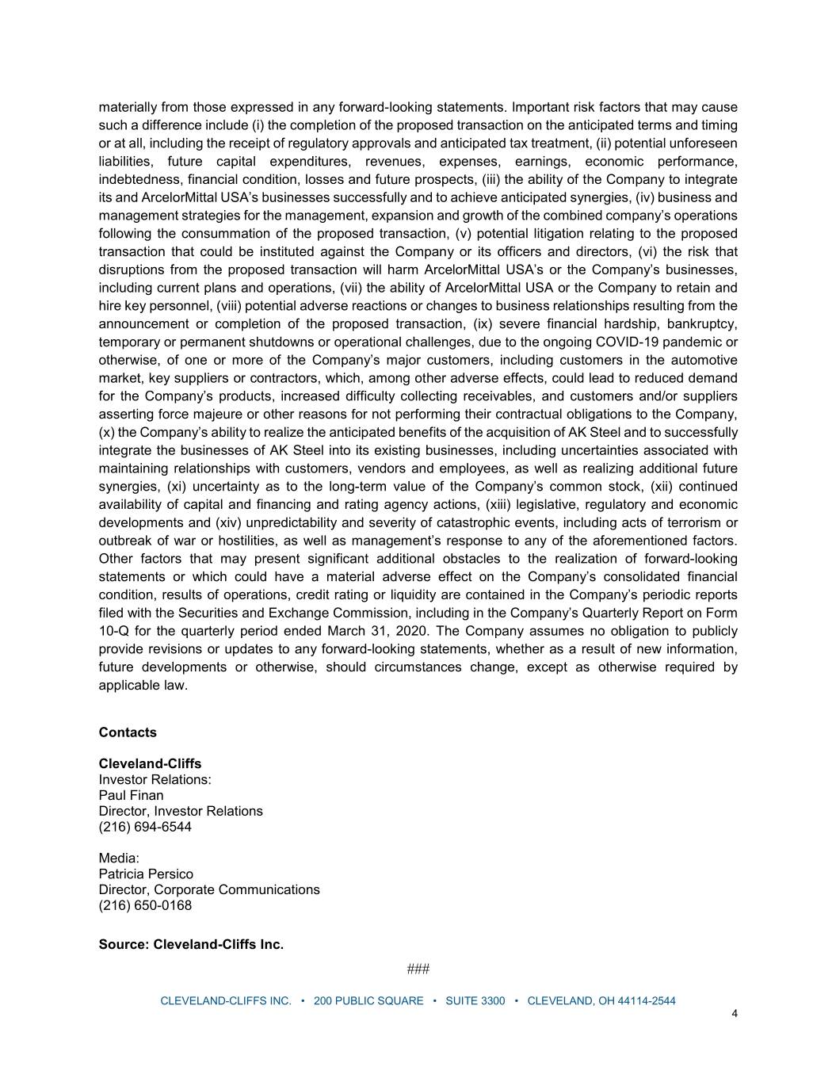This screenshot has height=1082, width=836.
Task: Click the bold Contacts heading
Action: pos(128,732)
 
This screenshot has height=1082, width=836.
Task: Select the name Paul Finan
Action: pos(131,795)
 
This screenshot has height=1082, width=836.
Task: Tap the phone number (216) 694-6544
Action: pos(145,827)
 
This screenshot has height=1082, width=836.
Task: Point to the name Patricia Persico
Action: pos(146,874)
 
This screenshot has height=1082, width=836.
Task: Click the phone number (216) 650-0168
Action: pos(145,905)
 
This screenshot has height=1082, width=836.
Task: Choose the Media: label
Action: pos(119,858)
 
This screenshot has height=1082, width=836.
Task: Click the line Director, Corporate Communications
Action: pos(209,889)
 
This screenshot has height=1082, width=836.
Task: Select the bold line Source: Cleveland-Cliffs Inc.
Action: pos(191,944)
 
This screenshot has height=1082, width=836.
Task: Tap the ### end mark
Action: pos(418,969)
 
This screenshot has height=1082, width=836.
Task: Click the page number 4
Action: pos(735,1013)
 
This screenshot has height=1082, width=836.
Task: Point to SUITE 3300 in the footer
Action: pos(475,1000)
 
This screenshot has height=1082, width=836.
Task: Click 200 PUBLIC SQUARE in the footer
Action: pos(368,1000)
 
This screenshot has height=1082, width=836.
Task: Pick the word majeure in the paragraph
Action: pos(200,414)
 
